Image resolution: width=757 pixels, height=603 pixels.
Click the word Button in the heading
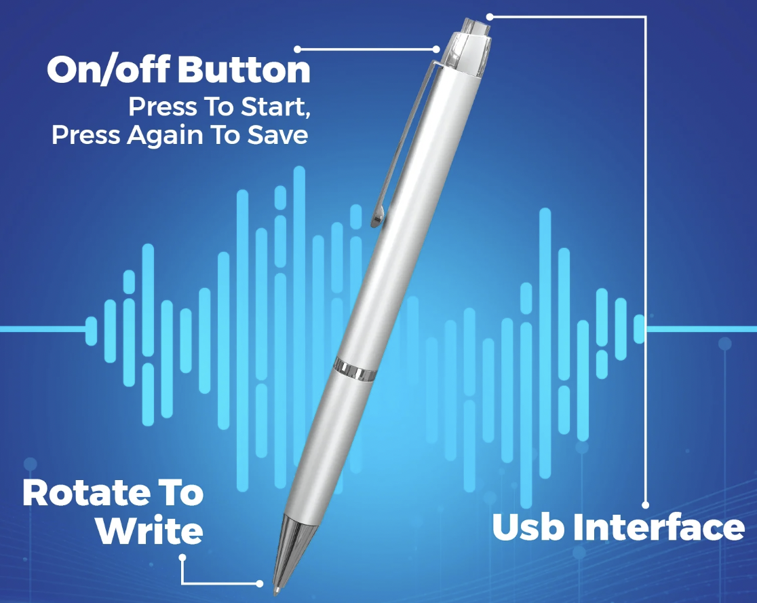tap(244, 70)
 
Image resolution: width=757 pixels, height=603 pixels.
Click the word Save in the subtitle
tap(281, 135)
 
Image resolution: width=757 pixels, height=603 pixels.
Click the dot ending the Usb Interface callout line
tap(646, 505)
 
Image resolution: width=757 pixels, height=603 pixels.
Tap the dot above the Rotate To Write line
tap(182, 558)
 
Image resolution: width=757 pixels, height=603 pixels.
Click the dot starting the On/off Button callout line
tap(297, 49)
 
